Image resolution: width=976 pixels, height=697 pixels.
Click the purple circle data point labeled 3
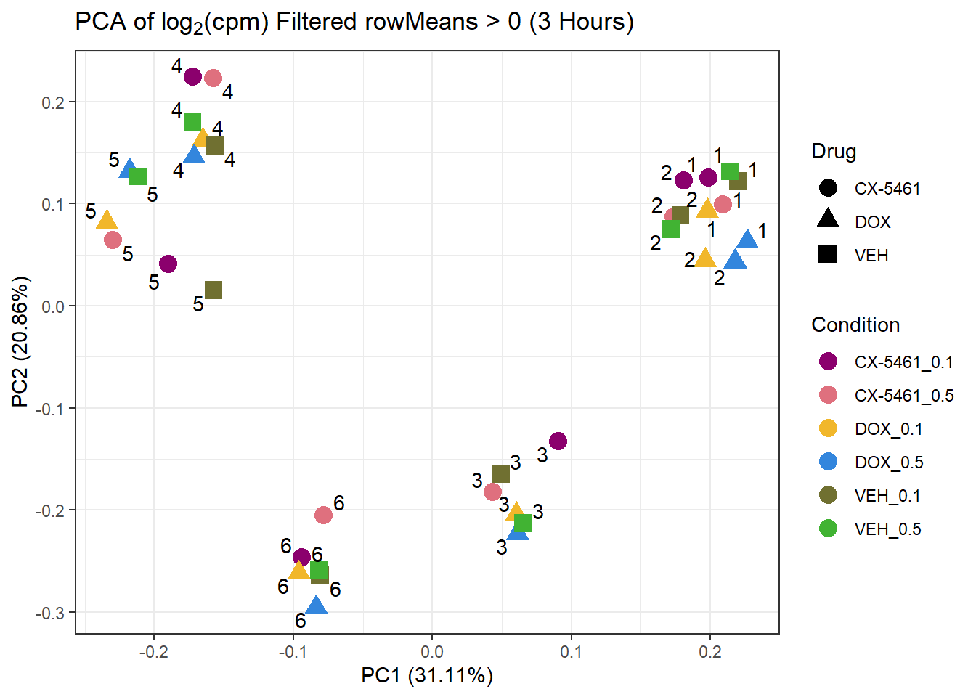tap(558, 441)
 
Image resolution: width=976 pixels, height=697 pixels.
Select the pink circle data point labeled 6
tap(323, 515)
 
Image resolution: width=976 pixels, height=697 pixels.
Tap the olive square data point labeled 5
tap(213, 290)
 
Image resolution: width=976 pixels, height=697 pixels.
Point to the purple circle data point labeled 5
tap(168, 264)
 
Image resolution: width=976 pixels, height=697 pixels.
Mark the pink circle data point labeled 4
tap(213, 78)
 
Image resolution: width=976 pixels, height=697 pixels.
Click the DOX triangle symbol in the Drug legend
tap(828, 219)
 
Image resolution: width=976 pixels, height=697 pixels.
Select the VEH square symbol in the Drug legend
tap(828, 254)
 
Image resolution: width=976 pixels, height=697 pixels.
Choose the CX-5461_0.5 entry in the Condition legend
tap(903, 396)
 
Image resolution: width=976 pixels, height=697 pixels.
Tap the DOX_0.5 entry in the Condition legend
tap(889, 462)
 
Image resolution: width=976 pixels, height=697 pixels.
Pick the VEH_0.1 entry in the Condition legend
tap(887, 496)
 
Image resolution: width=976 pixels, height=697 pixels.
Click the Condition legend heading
tap(855, 325)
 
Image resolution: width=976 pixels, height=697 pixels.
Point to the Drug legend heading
tap(834, 152)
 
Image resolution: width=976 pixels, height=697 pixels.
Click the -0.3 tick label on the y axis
tap(50, 613)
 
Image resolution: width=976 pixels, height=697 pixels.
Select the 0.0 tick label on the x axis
tap(431, 651)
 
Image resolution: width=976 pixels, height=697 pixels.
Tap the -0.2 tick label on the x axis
tap(153, 651)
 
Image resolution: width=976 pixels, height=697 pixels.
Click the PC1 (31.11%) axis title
tap(427, 676)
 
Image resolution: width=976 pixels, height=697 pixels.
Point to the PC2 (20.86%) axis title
tap(20, 342)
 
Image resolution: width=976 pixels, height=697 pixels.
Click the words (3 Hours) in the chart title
tap(582, 22)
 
